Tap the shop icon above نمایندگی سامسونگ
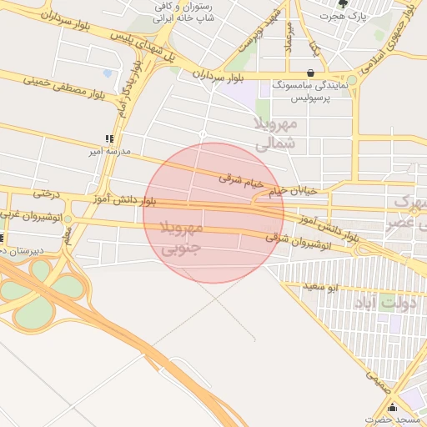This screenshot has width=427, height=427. point(311,73)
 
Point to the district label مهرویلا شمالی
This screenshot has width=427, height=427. point(274,133)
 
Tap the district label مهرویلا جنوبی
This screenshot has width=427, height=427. point(180,238)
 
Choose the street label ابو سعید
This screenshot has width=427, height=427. point(320,287)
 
